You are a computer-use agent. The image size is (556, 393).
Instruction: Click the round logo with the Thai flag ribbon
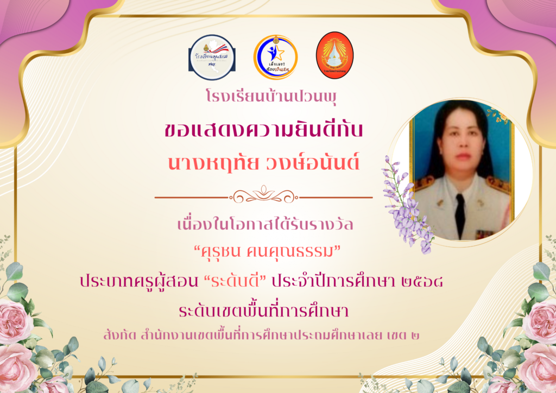pyautogui.click(x=212, y=58)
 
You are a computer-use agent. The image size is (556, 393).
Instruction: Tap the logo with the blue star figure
pyautogui.click(x=275, y=57)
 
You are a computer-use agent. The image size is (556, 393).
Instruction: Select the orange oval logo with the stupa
pyautogui.click(x=334, y=55)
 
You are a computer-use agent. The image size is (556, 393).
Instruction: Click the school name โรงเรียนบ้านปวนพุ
pyautogui.click(x=271, y=97)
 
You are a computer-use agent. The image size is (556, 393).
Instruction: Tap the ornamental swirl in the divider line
pyautogui.click(x=264, y=195)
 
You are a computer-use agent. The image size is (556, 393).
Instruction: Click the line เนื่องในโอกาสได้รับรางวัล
pyautogui.click(x=265, y=224)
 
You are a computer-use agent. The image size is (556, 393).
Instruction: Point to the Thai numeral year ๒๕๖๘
pyautogui.click(x=422, y=282)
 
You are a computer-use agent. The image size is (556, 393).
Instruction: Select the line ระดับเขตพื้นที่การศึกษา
pyautogui.click(x=264, y=310)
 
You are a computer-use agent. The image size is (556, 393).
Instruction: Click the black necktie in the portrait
pyautogui.click(x=460, y=215)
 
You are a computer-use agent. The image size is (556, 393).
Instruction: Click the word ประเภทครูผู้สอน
pyautogui.click(x=139, y=282)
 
